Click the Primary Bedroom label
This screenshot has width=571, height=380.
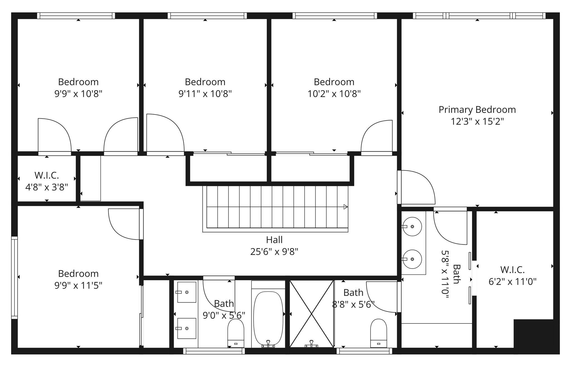click(477, 110)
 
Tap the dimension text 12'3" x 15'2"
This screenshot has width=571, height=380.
click(477, 122)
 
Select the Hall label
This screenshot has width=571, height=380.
click(274, 240)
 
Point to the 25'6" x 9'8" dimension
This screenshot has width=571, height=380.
click(274, 252)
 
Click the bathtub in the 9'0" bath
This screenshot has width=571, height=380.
click(268, 318)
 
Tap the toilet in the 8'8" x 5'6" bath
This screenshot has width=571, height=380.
click(378, 333)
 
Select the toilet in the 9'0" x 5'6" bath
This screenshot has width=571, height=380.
click(236, 333)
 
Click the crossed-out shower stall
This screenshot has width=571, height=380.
click(311, 314)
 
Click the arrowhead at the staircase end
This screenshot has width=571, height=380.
click(345, 207)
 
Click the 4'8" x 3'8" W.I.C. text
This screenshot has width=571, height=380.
click(47, 187)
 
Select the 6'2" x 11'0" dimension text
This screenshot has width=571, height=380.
click(512, 282)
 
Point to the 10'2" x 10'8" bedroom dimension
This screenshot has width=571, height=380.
click(334, 94)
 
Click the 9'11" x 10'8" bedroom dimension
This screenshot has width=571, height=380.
click(205, 94)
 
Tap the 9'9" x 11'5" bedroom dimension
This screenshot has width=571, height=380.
click(78, 286)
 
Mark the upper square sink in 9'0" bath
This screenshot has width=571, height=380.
click(187, 292)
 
